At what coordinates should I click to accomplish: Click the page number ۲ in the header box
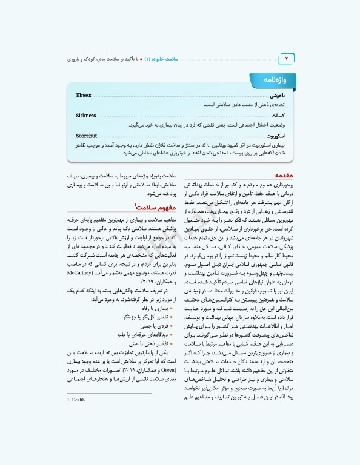pos(287,59)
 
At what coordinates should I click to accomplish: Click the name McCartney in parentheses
pos(79,274)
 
